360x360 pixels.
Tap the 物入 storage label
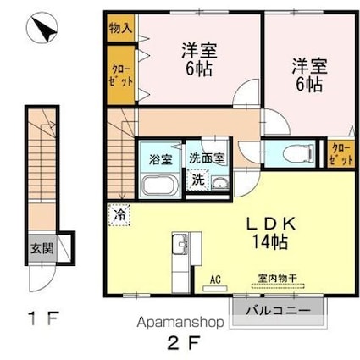119,27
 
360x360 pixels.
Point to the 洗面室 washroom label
206,158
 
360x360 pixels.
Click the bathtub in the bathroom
158,185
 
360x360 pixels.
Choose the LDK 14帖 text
272,233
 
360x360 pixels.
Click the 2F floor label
182,344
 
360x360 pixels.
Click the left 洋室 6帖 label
197,58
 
